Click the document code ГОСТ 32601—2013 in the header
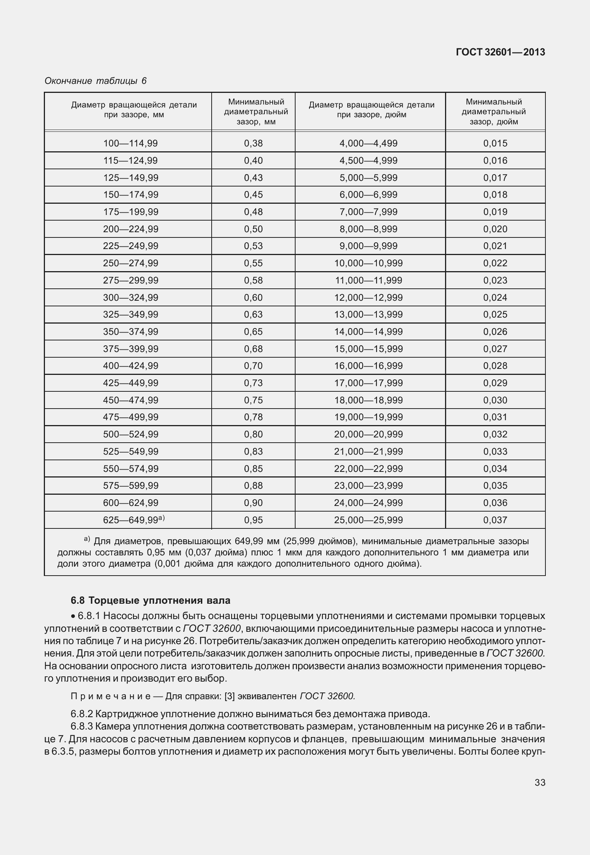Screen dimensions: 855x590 500,52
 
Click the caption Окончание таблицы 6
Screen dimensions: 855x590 95,81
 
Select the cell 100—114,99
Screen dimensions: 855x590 130,143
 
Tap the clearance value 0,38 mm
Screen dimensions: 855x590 253,143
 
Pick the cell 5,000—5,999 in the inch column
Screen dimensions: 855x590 368,178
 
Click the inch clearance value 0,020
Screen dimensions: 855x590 495,229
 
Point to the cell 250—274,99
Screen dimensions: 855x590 130,263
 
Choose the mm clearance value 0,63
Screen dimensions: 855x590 253,315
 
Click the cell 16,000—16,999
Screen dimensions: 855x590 368,366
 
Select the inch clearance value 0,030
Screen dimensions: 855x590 495,400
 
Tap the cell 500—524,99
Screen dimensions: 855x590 130,434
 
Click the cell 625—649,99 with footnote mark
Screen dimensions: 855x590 133,520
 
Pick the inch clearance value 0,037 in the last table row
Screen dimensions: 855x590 495,520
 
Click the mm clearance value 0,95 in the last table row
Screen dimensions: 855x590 253,520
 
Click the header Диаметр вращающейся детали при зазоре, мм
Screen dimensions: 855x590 134,110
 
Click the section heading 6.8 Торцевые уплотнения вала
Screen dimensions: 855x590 150,601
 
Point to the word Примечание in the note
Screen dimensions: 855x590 111,696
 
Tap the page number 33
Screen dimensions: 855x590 540,782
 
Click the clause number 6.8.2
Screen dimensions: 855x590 82,714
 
